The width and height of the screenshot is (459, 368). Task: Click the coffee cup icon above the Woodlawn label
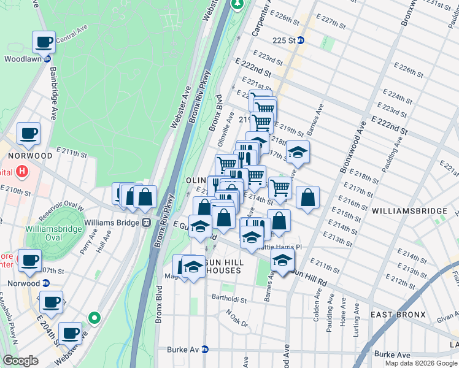tap(44, 42)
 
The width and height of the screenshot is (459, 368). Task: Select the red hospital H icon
tap(23, 171)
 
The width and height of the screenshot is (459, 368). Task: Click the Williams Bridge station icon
tap(146, 222)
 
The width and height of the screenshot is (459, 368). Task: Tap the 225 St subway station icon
tap(309, 40)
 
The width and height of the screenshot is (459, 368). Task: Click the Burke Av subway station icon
tap(205, 350)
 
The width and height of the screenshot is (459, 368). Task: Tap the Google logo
tap(20, 360)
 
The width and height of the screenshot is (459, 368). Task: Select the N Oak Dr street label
tap(236, 318)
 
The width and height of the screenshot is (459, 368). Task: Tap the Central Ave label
tap(68, 40)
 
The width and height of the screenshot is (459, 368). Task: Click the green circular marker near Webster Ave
tap(93, 318)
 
